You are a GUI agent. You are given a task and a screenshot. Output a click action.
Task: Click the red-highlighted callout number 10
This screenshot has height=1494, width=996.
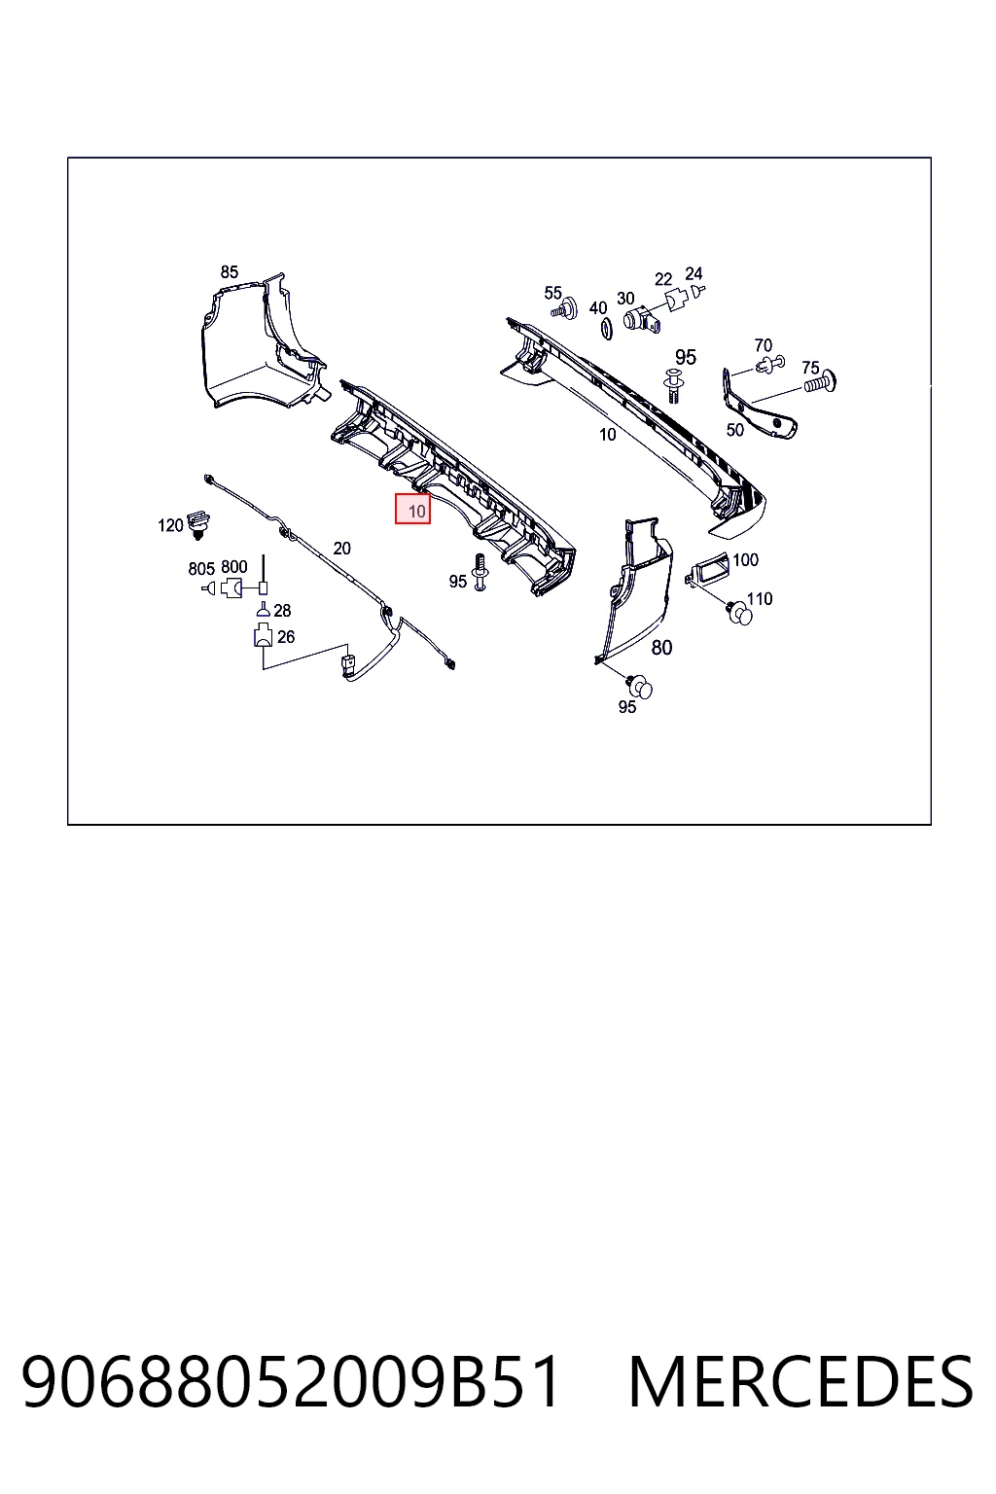416,512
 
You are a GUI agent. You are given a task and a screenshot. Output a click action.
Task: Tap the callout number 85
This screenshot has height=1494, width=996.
229,272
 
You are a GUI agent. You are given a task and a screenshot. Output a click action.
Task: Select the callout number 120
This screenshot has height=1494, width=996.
170,525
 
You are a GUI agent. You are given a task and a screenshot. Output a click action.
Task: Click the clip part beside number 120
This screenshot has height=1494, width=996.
197,523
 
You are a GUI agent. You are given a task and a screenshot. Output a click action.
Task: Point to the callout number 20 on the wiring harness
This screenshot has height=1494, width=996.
341,549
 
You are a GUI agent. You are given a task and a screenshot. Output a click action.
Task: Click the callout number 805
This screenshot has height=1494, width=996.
201,569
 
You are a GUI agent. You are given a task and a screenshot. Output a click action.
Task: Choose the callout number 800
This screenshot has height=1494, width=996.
234,567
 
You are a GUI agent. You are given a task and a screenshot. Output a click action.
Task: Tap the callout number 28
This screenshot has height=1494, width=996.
282,610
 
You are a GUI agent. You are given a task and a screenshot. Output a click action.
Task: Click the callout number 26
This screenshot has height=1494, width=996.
286,637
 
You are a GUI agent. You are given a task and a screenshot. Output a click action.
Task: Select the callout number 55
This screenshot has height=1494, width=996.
552,293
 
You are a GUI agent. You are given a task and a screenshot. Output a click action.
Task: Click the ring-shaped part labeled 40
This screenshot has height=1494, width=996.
606,329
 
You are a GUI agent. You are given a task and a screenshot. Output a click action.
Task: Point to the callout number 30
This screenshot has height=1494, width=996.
625,299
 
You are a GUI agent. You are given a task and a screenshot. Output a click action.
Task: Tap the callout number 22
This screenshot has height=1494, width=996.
663,279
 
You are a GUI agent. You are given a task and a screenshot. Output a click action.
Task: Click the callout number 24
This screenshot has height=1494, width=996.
694,273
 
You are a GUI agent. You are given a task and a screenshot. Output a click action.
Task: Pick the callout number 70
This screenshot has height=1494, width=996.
764,345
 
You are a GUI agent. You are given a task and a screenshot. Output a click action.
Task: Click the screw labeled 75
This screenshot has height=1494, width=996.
820,383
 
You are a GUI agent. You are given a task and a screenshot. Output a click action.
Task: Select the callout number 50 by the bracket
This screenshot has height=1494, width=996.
734,430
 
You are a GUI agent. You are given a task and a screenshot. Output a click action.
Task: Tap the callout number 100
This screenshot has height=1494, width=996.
745,559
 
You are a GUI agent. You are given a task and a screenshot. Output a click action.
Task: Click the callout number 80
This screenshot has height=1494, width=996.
661,647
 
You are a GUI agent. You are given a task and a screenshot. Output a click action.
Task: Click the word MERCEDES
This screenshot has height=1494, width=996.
800,1382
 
